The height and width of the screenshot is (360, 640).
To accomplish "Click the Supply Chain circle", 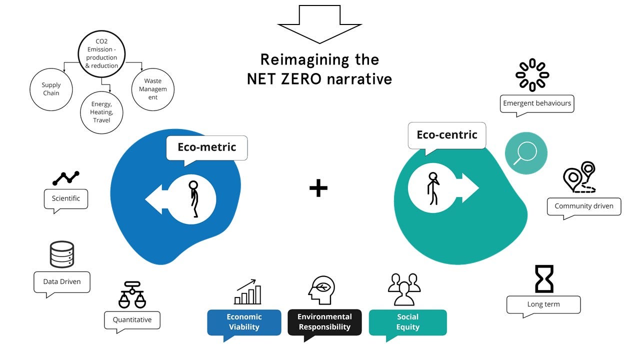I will tap(51, 89).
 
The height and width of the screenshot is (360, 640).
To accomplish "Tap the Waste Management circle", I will tap(153, 89).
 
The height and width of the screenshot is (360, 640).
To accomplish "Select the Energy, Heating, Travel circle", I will tap(101, 112).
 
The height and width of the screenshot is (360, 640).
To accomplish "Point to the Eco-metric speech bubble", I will tap(206, 147).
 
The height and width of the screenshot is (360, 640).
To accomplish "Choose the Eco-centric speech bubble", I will tap(446, 135).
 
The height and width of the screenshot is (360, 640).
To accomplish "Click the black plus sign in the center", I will tap(318, 188).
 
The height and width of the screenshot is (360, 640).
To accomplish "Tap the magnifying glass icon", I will tap(526, 152).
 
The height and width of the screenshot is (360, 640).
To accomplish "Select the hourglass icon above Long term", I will tap(544, 279).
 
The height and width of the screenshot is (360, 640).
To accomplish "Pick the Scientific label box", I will tap(66, 198).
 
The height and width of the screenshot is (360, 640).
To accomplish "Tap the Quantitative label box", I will tap(132, 320).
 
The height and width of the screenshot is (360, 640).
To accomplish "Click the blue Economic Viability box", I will tap(244, 322).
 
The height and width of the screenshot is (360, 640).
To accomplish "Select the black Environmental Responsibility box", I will tap(324, 322).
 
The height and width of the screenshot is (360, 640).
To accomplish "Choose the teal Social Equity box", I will tap(407, 322).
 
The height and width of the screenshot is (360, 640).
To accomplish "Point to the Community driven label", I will tap(583, 206).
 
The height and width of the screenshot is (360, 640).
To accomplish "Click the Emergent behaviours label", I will tap(537, 103).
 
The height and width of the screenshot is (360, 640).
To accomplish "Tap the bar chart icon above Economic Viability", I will tap(247, 292).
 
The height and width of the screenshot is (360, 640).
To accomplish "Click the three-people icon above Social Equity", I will tap(404, 289).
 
